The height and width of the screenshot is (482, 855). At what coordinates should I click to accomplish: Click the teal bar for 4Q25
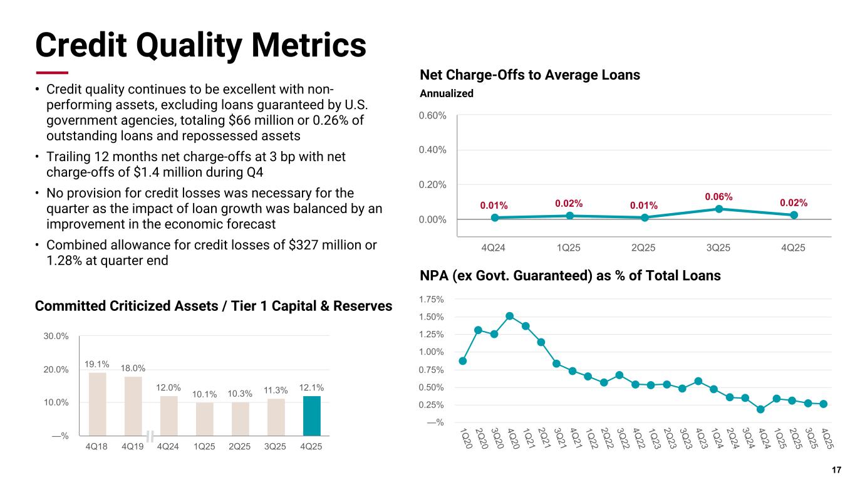312,416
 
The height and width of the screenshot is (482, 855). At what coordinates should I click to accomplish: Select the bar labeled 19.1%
98,404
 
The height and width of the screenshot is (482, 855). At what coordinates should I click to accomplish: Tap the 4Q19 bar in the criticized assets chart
133,406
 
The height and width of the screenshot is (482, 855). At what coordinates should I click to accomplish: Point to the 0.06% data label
718,197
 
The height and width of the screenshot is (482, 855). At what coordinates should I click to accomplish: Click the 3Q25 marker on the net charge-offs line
719,209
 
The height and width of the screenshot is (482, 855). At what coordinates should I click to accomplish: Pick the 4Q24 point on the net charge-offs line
495,217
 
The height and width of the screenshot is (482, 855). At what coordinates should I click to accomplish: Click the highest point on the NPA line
510,316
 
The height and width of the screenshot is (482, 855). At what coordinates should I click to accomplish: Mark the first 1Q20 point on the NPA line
463,360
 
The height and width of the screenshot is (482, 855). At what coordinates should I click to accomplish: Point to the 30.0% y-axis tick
56,336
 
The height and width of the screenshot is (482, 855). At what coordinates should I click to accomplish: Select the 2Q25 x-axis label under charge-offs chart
643,247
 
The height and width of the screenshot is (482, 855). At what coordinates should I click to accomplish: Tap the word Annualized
446,93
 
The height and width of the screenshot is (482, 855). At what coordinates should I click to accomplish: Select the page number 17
836,470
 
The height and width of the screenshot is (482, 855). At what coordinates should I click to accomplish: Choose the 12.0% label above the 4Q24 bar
169,388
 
